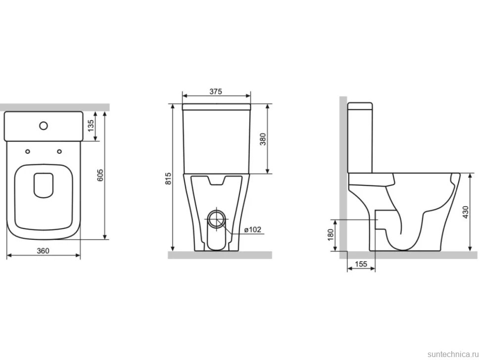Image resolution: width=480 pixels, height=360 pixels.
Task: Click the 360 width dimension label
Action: click(x=43, y=251)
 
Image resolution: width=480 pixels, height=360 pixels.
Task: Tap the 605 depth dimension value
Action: click(x=100, y=175)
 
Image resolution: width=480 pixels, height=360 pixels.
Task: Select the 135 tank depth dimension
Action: click(x=91, y=126)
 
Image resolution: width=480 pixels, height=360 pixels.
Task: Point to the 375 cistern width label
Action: click(x=216, y=91)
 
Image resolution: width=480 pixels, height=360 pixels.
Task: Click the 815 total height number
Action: click(x=168, y=179)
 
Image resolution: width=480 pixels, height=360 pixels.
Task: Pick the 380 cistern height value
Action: click(x=263, y=139)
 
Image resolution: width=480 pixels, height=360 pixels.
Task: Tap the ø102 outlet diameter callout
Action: click(x=253, y=229)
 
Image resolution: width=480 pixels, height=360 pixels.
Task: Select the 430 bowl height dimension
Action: click(x=466, y=212)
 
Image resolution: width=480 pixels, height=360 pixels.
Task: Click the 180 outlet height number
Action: click(x=331, y=235)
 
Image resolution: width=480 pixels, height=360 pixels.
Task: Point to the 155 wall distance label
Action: click(x=361, y=264)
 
